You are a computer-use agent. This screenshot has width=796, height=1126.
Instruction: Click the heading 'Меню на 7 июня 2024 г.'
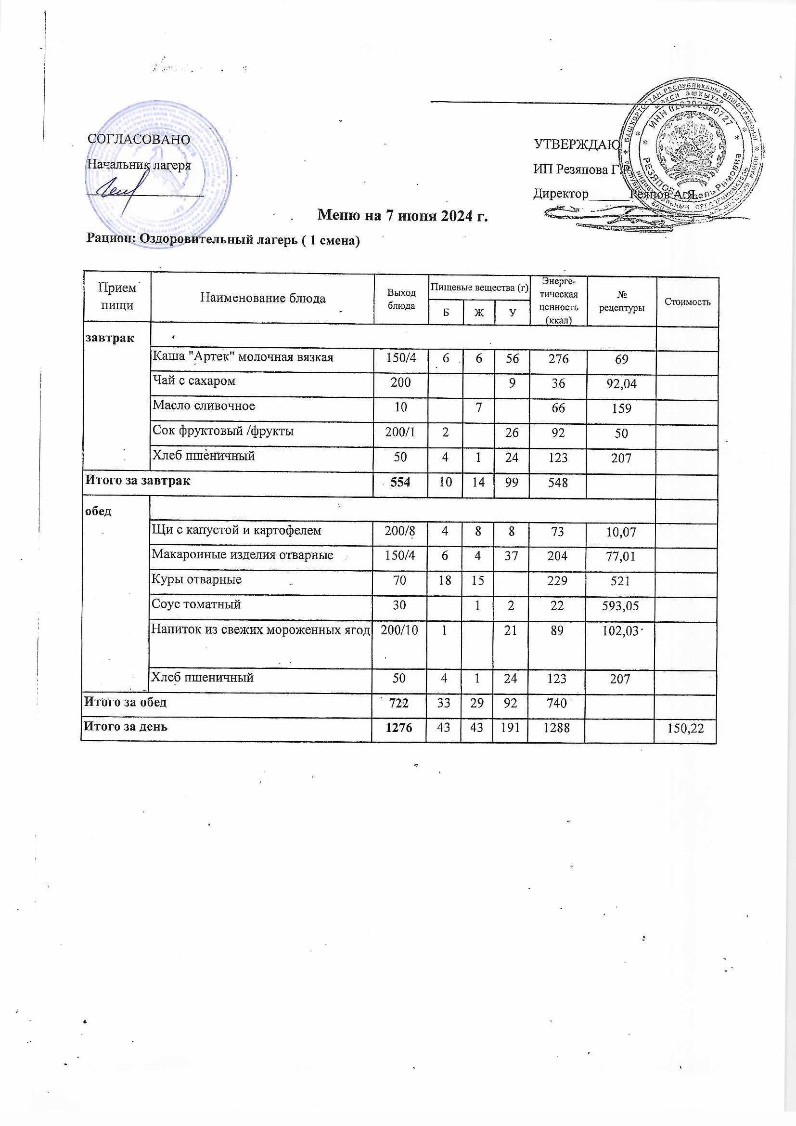tap(403, 215)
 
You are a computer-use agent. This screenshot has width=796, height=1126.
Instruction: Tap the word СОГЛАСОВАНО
tap(139, 140)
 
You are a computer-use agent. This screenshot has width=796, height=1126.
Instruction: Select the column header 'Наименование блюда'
tap(263, 298)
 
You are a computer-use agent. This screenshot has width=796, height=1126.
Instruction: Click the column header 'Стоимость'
tap(687, 302)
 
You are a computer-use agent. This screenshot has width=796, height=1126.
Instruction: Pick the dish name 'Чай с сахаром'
tap(193, 381)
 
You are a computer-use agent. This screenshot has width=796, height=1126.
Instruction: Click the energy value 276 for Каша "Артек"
tap(558, 359)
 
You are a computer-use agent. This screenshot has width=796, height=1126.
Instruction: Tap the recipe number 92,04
tap(621, 384)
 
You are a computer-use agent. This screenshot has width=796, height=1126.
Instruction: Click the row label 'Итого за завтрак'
tap(138, 480)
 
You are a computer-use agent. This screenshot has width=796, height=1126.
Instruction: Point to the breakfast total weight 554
tap(400, 483)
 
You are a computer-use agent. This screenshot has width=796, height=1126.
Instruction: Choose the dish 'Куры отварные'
tap(196, 580)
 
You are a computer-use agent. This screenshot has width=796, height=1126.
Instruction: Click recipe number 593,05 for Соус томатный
tap(621, 606)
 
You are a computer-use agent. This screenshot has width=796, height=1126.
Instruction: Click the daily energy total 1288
tap(557, 729)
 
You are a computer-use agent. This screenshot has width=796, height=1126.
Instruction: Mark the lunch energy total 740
tap(557, 704)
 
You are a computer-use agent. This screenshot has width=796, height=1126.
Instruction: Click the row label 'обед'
tap(98, 511)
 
